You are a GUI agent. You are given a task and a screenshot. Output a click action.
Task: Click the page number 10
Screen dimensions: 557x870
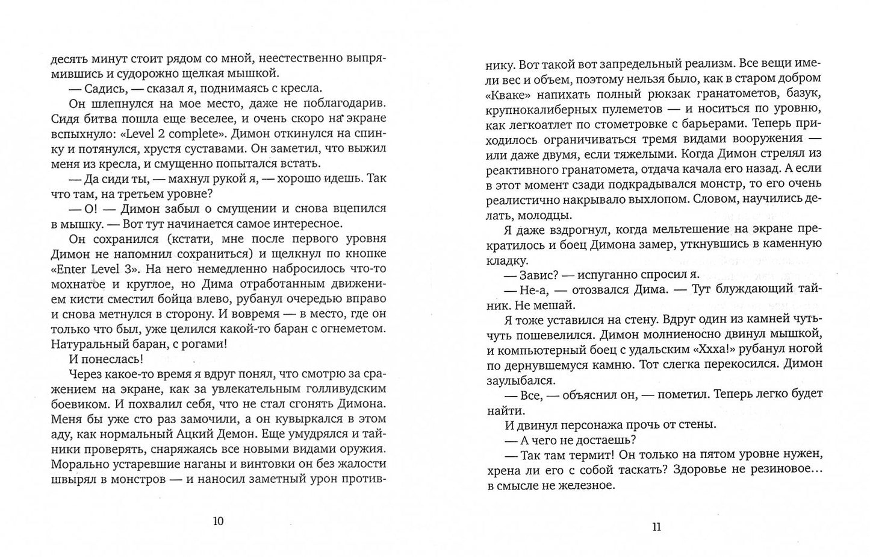pos(218,521)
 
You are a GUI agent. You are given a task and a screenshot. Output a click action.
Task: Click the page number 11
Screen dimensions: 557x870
pos(656,527)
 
